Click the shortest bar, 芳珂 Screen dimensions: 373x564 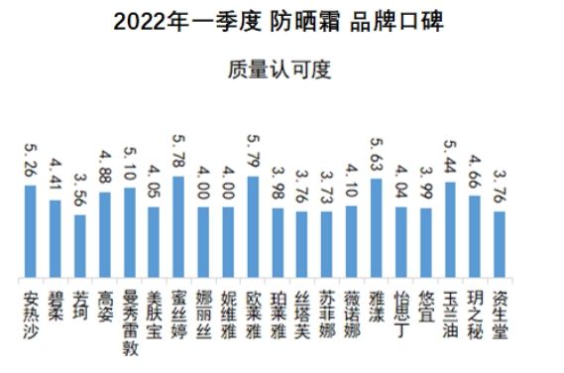(80, 245)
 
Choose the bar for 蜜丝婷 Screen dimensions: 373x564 (178, 226)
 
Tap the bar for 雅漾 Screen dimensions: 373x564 (376, 227)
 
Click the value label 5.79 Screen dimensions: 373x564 (253, 155)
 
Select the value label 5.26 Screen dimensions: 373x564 (31, 163)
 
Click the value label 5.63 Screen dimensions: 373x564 (376, 157)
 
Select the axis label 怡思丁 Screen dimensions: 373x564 (400, 307)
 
